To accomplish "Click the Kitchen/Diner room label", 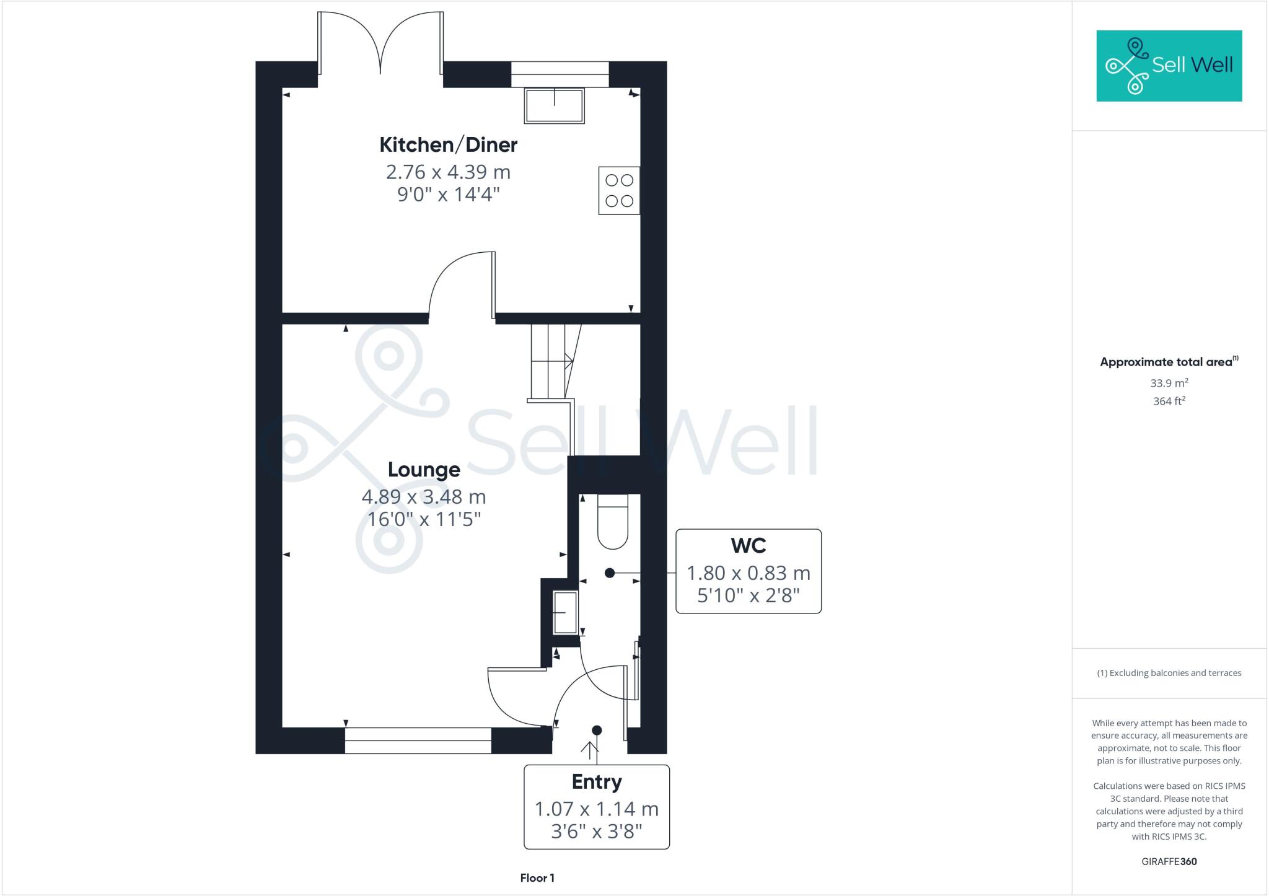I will (x=448, y=145).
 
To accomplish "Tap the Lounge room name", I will (x=424, y=470).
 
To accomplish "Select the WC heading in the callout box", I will (x=749, y=546).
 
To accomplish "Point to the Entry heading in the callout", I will (x=596, y=782).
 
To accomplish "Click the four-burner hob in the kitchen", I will (x=619, y=191).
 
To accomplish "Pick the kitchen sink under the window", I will (x=555, y=105).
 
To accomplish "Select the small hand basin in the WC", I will (x=565, y=612).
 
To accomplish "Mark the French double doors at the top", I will (x=380, y=43).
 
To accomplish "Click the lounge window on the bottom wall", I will (x=418, y=740).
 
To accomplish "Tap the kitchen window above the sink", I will (x=560, y=74).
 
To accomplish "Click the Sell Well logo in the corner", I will (x=1169, y=66).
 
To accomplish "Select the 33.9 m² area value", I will (x=1169, y=383).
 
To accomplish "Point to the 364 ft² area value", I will (x=1169, y=402).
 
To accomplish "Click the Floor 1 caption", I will (x=537, y=878).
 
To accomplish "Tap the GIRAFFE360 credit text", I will (x=1169, y=861).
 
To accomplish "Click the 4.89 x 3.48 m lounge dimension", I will (x=424, y=497).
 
